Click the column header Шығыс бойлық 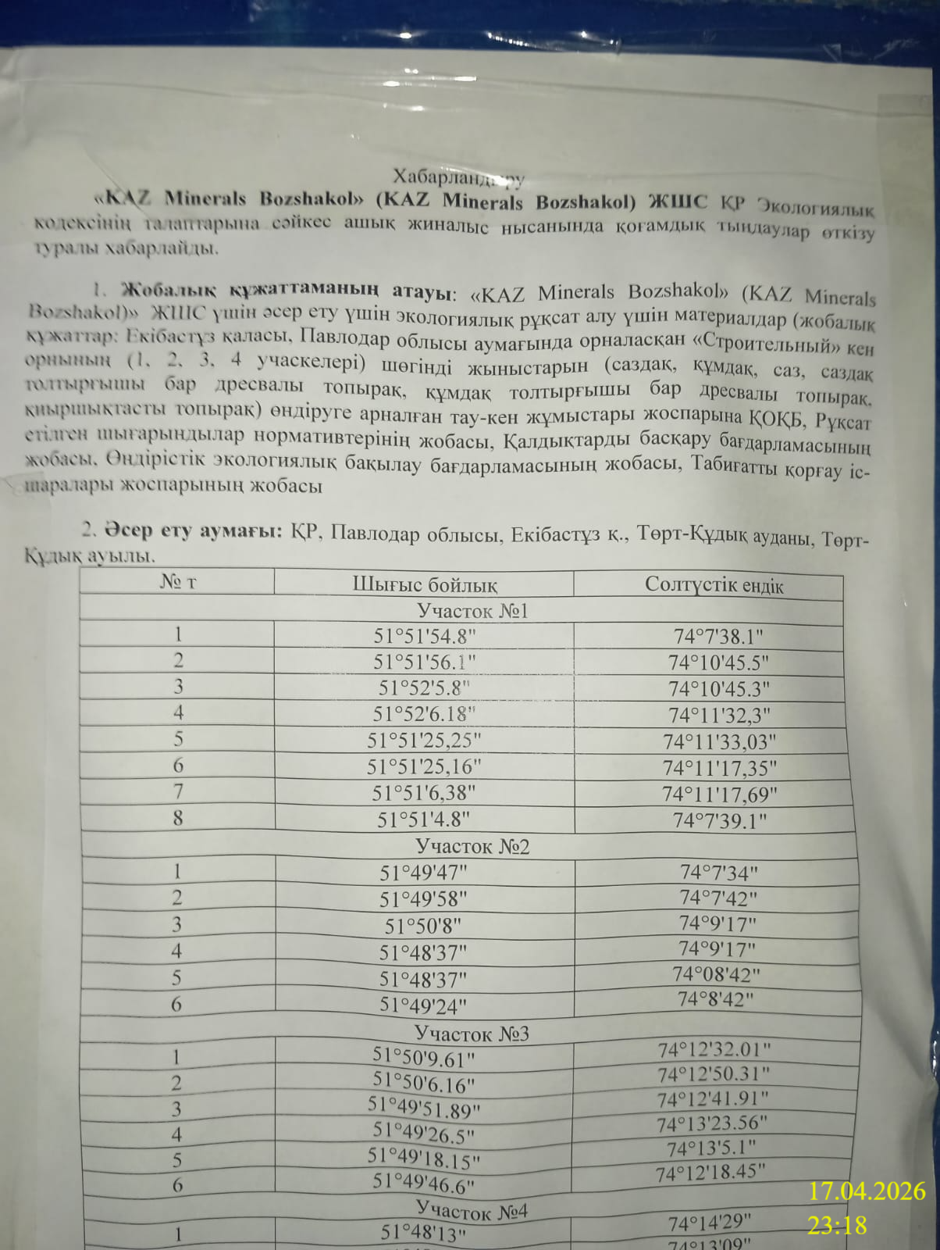point(425,584)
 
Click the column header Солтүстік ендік point(714,586)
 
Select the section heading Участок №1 point(472,610)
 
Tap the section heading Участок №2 point(472,846)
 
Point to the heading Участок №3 point(472,1034)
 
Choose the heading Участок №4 point(472,1210)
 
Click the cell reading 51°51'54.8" point(425,636)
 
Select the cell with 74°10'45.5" point(718,663)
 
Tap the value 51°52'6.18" point(425,714)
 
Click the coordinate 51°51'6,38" point(424,794)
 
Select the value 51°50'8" point(423,926)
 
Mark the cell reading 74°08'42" point(716,974)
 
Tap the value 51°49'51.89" point(424,1108)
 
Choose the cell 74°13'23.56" point(712,1124)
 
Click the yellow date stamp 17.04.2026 point(867,1191)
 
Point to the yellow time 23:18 point(837,1225)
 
